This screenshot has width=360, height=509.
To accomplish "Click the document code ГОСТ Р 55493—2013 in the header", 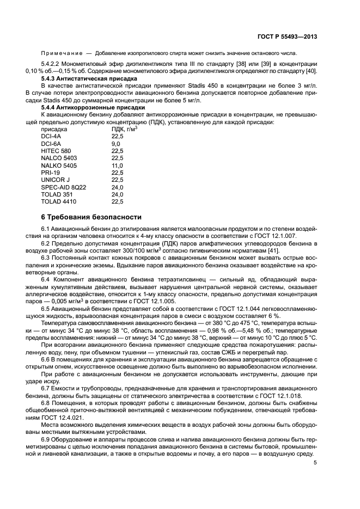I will click(x=288, y=36).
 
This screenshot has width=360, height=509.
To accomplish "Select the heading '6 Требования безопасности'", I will click(x=91, y=216).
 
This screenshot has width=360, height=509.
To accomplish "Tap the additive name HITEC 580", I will click(x=56, y=151).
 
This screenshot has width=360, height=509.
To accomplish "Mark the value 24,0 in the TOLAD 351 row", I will click(x=117, y=194).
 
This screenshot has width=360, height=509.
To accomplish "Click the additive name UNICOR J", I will click(x=55, y=180).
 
